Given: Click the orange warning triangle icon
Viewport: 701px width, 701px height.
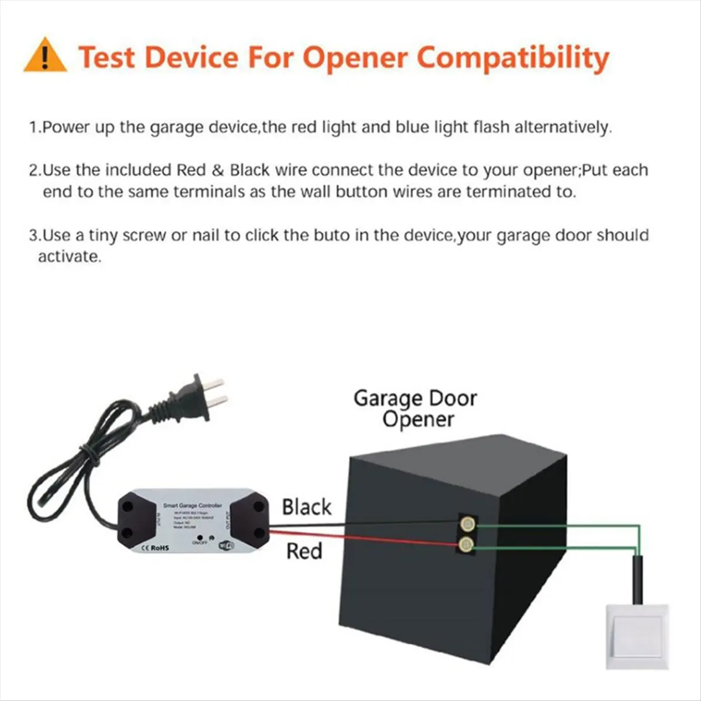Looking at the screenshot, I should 45,56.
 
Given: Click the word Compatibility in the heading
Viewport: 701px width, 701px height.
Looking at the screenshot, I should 513,58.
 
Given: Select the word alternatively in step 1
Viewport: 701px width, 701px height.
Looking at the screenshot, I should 563,127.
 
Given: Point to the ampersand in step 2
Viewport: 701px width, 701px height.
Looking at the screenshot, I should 217,171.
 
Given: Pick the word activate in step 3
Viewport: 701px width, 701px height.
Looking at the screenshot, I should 68,256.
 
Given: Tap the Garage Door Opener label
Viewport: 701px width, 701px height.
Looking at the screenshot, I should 415,408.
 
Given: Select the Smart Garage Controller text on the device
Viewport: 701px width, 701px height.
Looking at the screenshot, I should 192,505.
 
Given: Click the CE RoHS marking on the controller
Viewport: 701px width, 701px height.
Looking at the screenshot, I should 155,548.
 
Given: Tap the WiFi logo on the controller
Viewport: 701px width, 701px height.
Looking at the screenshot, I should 225,546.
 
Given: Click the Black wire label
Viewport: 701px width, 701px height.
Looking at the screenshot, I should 306,507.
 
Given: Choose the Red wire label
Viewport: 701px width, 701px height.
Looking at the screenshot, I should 304,551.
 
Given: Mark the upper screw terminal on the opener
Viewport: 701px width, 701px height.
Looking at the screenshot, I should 466,523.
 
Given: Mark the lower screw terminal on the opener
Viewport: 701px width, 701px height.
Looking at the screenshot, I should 466,546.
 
